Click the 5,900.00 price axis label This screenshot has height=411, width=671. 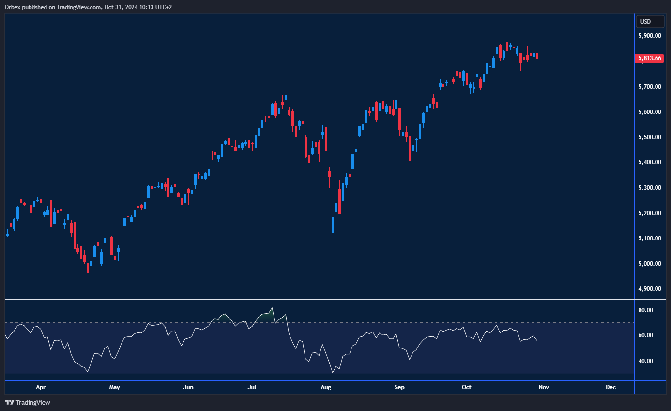[x=650, y=36]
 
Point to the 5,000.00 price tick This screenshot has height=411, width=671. [x=650, y=264]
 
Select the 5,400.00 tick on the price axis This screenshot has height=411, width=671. [x=650, y=162]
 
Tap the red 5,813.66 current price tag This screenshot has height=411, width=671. [x=649, y=59]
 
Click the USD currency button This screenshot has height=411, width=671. [x=645, y=21]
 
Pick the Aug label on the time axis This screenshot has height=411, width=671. [x=326, y=387]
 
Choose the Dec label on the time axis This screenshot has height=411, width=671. [x=611, y=387]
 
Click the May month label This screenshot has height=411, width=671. [x=114, y=387]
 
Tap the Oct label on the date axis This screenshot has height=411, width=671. [x=466, y=387]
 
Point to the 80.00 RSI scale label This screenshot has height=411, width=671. [x=646, y=310]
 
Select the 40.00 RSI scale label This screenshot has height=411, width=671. [x=646, y=361]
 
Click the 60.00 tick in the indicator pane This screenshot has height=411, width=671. [x=646, y=335]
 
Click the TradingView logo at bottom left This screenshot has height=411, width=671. [x=28, y=402]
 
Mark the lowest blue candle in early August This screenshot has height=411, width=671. [x=333, y=224]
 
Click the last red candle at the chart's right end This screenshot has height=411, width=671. [x=537, y=56]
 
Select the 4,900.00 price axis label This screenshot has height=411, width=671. [x=650, y=289]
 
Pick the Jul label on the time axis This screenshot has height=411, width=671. [x=252, y=387]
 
